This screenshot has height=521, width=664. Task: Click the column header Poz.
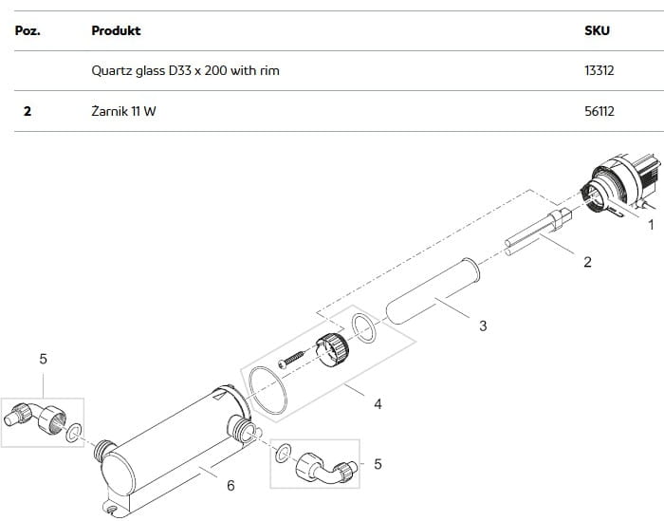tap(28, 30)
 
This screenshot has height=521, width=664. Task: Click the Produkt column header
tap(116, 30)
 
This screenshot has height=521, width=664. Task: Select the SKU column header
tap(597, 30)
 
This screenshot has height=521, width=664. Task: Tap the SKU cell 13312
tap(599, 70)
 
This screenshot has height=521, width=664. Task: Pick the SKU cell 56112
tap(599, 111)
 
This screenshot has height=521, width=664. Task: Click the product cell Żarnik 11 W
tap(123, 111)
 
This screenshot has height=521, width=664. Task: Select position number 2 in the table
tap(28, 111)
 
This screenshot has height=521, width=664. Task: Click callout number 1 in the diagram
tap(652, 225)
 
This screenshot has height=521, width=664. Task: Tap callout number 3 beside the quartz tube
tap(483, 326)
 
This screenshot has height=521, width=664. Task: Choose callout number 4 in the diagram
tap(378, 404)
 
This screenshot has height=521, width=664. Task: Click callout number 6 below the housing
tap(231, 486)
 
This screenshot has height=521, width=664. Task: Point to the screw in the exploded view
tap(292, 359)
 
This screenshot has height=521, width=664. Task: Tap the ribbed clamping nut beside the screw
tap(333, 350)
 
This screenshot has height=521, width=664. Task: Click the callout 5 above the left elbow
tap(44, 359)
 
